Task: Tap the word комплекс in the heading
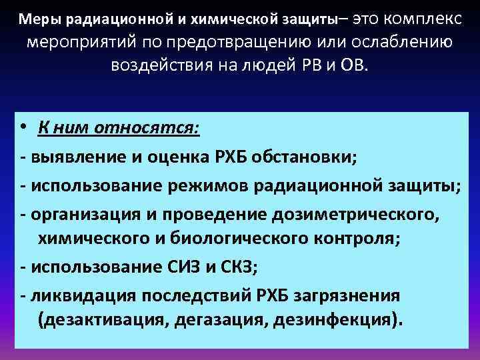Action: coord(423,18)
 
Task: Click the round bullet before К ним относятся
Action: coord(23,127)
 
